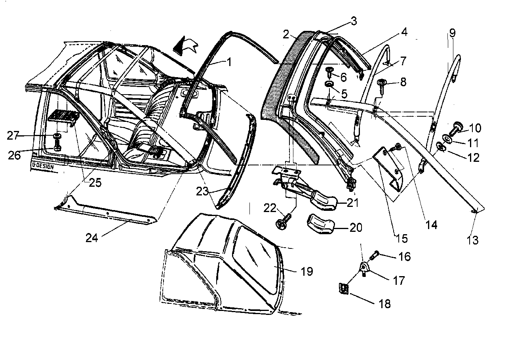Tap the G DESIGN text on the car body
42,166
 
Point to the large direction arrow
186,45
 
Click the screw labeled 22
285,222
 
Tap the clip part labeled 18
343,289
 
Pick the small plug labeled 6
329,72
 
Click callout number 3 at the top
353,21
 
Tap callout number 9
452,33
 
